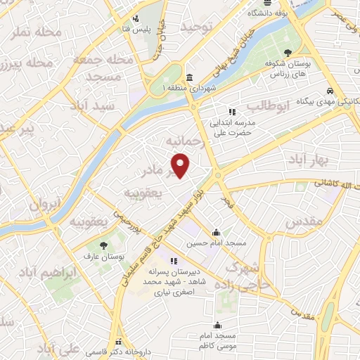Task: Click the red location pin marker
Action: click(181, 166)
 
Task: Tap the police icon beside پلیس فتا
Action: click(138, 19)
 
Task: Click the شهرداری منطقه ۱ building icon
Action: click(190, 77)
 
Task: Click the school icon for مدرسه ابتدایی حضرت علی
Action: click(231, 111)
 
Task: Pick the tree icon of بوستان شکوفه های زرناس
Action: click(288, 52)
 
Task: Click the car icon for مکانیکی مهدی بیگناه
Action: click(330, 91)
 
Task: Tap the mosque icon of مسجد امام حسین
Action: click(216, 233)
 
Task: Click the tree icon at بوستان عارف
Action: click(104, 245)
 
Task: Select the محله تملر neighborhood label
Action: click(35, 37)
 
